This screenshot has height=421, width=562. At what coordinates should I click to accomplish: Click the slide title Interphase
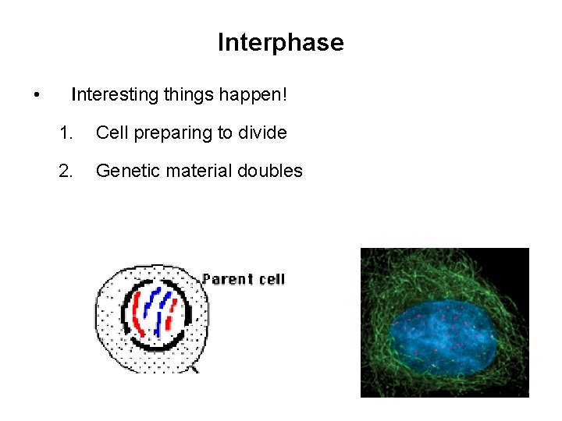280,42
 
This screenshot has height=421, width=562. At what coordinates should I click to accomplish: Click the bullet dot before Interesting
37,96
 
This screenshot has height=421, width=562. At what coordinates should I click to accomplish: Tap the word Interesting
115,95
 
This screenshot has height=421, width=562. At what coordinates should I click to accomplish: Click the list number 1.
66,133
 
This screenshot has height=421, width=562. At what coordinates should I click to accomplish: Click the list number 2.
66,171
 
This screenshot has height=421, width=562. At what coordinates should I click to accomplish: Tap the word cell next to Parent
271,279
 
